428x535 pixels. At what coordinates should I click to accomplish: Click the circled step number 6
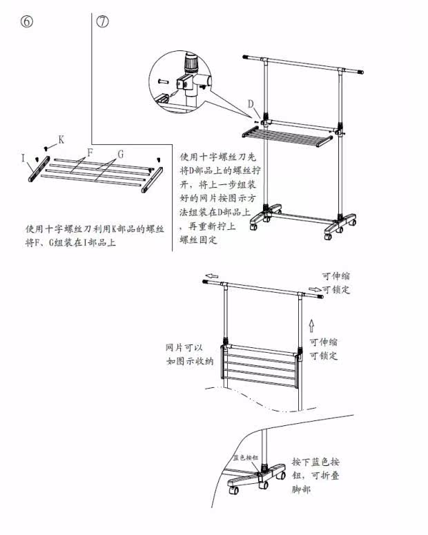point(27,21)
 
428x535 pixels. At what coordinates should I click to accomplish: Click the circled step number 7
point(103,21)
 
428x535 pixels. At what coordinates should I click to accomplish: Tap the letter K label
point(61,139)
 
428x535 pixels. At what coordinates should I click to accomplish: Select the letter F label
point(90,151)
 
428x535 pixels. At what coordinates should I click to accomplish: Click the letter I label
point(23,159)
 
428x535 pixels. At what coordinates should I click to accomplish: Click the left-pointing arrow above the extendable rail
point(212,275)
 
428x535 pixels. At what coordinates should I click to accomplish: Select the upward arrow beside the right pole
point(311,324)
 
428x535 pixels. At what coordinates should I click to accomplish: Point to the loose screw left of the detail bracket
point(163,81)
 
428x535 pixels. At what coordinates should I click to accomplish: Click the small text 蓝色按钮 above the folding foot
point(245,457)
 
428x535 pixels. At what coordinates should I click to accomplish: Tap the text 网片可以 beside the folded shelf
point(181,347)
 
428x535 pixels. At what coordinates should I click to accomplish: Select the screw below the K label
point(46,148)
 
